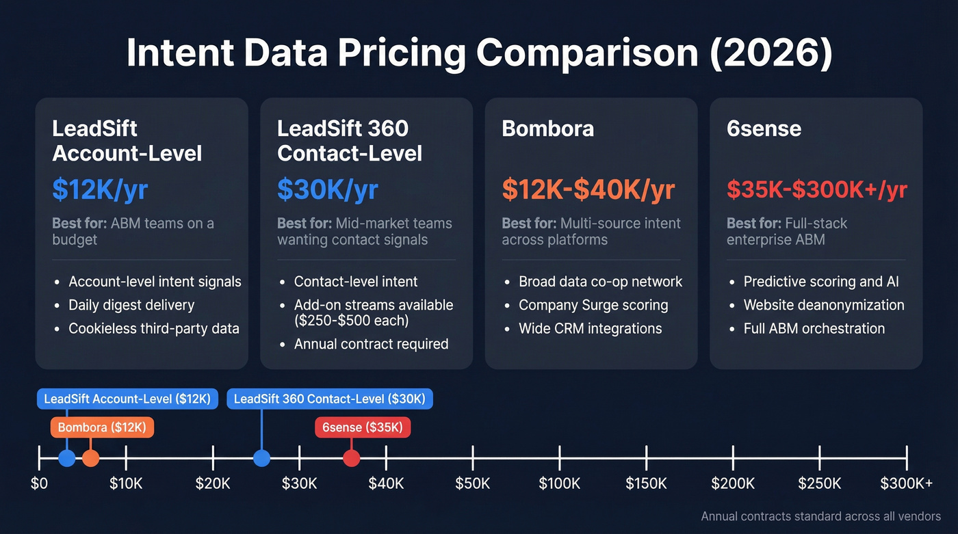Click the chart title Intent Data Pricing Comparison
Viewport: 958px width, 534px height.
coord(479,55)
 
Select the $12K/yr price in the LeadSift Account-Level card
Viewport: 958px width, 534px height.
coord(100,189)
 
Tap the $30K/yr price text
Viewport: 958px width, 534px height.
coord(327,189)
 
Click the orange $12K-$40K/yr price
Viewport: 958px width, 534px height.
coord(588,189)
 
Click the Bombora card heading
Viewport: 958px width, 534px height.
coord(547,129)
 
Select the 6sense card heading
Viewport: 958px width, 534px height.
coord(764,129)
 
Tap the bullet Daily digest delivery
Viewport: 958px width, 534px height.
coord(131,305)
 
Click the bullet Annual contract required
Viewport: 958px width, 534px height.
coord(371,344)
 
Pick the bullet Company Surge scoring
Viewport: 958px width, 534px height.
coord(593,305)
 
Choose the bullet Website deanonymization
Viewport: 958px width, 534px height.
coord(824,305)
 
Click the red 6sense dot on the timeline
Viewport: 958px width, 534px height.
coord(351,458)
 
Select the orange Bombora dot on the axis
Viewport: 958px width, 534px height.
coord(90,458)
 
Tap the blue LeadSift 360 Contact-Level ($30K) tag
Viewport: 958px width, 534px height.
coord(330,399)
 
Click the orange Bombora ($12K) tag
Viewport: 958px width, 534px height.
coord(102,428)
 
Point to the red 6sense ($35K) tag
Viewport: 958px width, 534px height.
coord(363,428)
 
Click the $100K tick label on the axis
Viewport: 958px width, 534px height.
coord(560,484)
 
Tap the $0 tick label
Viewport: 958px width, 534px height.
coord(39,484)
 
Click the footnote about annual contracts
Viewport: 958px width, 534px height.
coord(820,517)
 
